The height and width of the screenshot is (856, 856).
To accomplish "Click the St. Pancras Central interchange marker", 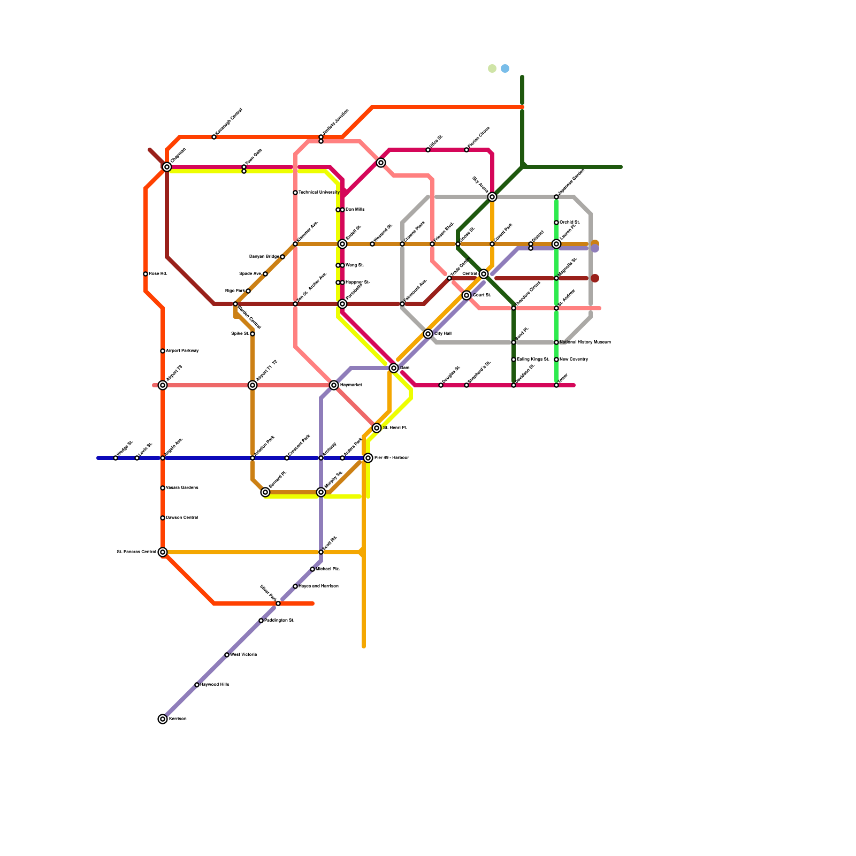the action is pyautogui.click(x=163, y=552).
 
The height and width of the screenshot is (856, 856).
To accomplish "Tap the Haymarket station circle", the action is pyautogui.click(x=334, y=385).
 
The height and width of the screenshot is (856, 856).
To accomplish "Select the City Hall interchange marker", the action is pyautogui.click(x=428, y=334).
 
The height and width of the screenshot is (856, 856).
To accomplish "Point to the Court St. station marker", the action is pyautogui.click(x=467, y=295).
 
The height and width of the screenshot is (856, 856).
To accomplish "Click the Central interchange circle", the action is pyautogui.click(x=484, y=274).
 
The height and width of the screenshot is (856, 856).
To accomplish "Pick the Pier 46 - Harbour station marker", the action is pyautogui.click(x=368, y=458).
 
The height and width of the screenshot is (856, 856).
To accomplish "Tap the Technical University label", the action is pyautogui.click(x=319, y=193).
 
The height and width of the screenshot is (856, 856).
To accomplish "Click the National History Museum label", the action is pyautogui.click(x=585, y=342).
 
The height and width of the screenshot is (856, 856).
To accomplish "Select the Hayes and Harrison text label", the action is pyautogui.click(x=318, y=586).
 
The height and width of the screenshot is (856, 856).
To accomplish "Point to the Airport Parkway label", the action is pyautogui.click(x=182, y=351).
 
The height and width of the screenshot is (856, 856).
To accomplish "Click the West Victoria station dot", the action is pyautogui.click(x=227, y=655).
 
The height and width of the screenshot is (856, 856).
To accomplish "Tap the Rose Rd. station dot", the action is pyautogui.click(x=146, y=274).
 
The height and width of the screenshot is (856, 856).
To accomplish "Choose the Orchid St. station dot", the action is pyautogui.click(x=556, y=223).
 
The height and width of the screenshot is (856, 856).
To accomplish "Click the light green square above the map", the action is pyautogui.click(x=492, y=68).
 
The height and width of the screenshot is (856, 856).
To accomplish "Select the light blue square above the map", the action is pyautogui.click(x=505, y=68).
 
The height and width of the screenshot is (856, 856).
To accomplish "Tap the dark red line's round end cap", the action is pyautogui.click(x=595, y=278).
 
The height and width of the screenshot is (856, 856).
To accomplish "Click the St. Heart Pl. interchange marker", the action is pyautogui.click(x=377, y=428).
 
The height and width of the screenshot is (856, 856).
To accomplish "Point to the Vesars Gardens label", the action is pyautogui.click(x=182, y=488).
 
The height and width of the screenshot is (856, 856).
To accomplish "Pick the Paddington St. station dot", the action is pyautogui.click(x=261, y=621).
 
